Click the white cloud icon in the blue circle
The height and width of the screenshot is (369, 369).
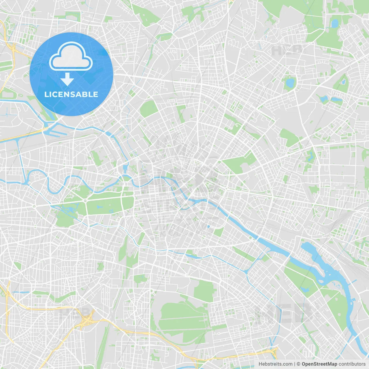[x=71, y=57]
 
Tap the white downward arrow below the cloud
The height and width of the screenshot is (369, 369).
[x=67, y=79]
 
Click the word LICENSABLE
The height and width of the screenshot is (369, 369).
[x=71, y=94]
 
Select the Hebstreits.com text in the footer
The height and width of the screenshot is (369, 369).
[x=275, y=364]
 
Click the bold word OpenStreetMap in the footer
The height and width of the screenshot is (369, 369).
[x=319, y=364]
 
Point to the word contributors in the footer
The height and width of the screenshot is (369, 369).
[x=352, y=364]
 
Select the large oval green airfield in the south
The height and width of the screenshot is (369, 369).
[x=182, y=317]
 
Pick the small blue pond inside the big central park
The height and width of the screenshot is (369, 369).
[x=99, y=207]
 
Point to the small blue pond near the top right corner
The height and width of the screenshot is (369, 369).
[x=334, y=23]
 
